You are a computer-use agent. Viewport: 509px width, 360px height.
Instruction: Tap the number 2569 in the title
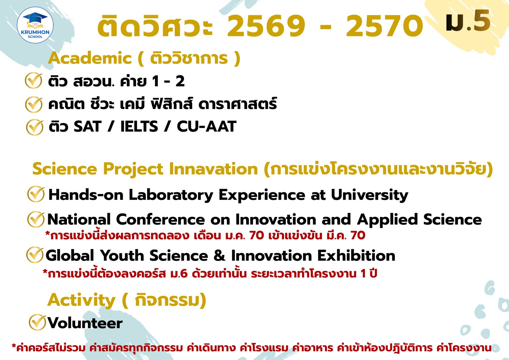point(266,26)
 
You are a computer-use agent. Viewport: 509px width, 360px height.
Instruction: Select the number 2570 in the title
point(385,26)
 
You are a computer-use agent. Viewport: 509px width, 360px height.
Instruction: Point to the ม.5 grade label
point(468,21)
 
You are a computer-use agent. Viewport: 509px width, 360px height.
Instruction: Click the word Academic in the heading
point(90,58)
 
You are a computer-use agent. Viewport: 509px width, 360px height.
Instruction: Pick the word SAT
point(87,126)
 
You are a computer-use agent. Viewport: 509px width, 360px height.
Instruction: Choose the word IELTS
point(139,126)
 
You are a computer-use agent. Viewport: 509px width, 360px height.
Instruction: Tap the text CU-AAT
point(206,126)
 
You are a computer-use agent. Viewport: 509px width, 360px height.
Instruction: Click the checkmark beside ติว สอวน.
point(33,81)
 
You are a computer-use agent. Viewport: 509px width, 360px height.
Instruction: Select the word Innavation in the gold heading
point(213,169)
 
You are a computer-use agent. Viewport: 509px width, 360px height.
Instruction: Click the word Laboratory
point(171,195)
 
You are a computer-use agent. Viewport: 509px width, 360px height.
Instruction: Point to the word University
point(370,195)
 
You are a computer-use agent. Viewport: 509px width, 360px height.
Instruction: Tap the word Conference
point(160,220)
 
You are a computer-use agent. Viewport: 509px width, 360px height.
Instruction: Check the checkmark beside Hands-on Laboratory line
point(36,194)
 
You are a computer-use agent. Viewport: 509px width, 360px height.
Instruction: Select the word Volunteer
point(85,323)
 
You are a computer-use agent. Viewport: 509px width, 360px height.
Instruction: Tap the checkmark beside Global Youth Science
point(35,255)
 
